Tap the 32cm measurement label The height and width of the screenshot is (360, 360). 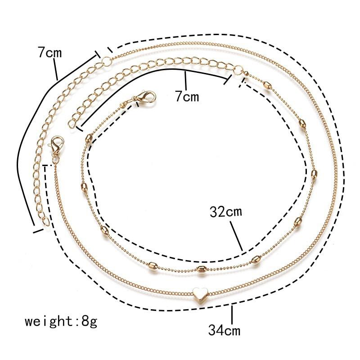pos(226,212)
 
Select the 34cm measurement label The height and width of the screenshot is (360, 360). pos(224,331)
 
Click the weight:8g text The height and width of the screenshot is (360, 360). pos(61,321)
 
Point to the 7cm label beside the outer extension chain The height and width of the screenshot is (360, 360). pos(50,53)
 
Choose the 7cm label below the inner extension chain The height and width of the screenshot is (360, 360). pos(187,96)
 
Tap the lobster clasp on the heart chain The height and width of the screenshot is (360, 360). pos(56,145)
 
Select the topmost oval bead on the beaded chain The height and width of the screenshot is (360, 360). pos(267,85)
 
